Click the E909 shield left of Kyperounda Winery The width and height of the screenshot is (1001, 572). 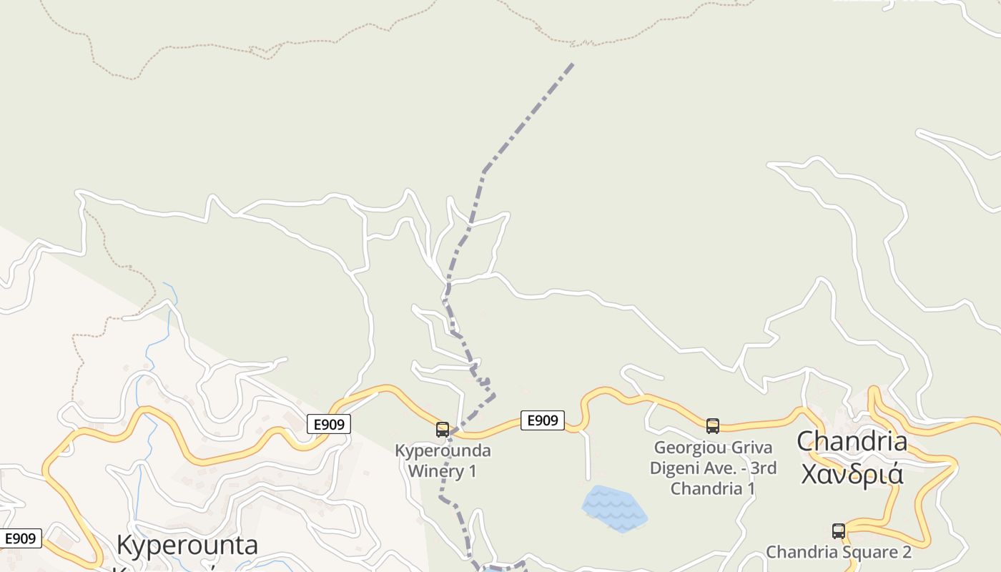click(x=330, y=424)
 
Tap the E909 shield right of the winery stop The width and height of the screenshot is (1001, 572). click(x=543, y=420)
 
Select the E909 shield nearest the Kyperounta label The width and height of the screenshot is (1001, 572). click(x=21, y=538)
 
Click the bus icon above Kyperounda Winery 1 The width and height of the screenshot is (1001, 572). click(x=443, y=430)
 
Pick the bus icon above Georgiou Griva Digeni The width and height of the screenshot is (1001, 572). click(x=713, y=426)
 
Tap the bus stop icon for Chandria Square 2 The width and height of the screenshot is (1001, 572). click(x=839, y=531)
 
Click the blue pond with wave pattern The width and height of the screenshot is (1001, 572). click(x=613, y=508)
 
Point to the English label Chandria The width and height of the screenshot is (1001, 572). click(x=852, y=441)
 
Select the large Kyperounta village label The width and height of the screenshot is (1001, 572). click(x=187, y=545)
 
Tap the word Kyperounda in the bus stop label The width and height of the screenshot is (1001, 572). click(x=443, y=451)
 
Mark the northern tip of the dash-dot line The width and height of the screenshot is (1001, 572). click(x=573, y=64)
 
